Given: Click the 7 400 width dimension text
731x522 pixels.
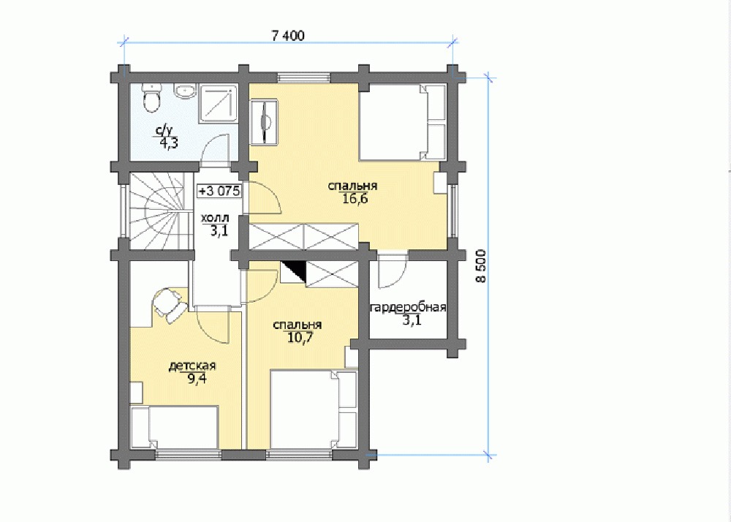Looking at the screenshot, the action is (288, 36).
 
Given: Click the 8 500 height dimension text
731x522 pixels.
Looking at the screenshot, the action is (481, 266).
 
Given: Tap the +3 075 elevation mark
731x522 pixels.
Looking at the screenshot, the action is (219, 191).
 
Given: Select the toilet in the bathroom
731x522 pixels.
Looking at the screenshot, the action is (151, 98).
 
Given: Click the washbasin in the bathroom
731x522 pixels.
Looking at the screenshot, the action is (186, 91).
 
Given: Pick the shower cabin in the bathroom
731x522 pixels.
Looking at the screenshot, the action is (219, 104).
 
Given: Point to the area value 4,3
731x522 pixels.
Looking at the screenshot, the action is (169, 143).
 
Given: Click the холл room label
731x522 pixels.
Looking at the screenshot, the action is (215, 218).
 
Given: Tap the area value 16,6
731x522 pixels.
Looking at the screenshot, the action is (352, 200).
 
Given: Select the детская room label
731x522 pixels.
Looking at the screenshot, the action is (192, 366).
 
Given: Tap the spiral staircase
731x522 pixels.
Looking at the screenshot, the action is (157, 211).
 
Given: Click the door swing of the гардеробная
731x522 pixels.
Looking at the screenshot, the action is (393, 271).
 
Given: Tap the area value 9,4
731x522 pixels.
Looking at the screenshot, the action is (197, 379).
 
